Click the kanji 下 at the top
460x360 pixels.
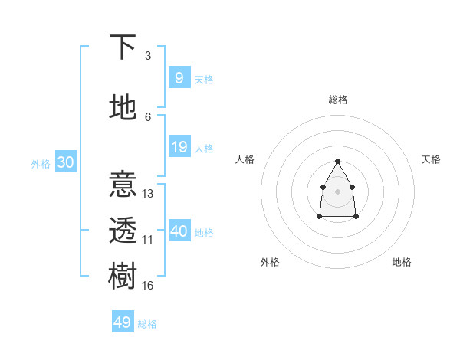[123, 47]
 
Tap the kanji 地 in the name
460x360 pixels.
[123, 108]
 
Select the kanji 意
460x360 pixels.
[123, 185]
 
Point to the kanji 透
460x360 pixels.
[123, 231]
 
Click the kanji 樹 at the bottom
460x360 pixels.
[123, 276]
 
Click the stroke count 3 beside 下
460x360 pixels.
[148, 56]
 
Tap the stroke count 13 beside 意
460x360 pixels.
[148, 194]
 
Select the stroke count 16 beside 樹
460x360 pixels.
[148, 285]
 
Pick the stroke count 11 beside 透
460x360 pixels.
[148, 240]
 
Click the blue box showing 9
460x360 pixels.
[179, 78]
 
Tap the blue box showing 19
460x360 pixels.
[179, 147]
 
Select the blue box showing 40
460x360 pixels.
[179, 231]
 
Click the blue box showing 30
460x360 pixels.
[65, 162]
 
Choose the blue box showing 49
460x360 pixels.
[123, 322]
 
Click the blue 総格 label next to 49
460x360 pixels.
[147, 324]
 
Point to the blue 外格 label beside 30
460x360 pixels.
[40, 164]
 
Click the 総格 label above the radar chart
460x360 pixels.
[338, 100]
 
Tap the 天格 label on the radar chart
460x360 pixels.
[431, 159]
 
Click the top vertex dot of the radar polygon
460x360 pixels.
[338, 161]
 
